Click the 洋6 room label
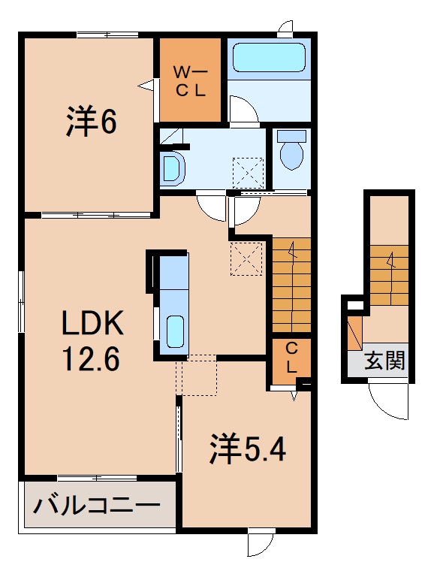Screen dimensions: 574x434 coord(91,122)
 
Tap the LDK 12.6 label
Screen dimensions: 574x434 coord(91,340)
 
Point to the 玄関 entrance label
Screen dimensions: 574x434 coord(385,361)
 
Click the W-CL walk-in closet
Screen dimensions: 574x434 coord(190,80)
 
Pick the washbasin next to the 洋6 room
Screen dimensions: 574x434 coord(172,169)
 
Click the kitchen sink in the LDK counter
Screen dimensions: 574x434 coord(175,331)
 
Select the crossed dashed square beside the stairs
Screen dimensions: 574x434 coord(246,258)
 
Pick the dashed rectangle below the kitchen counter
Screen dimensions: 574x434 coord(197,375)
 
